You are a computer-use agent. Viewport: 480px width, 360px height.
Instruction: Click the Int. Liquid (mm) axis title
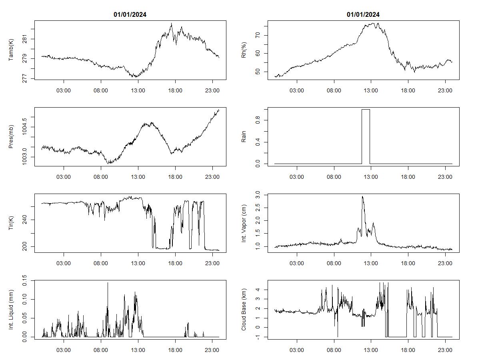[12, 310]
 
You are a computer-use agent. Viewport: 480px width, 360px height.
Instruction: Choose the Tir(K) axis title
[12, 223]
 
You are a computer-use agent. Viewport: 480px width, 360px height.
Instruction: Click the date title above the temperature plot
[130, 15]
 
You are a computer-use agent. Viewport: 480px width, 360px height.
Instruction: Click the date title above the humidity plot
[363, 15]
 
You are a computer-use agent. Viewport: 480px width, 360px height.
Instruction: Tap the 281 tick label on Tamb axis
[25, 39]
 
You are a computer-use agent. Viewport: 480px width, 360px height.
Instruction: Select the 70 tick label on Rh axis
[258, 35]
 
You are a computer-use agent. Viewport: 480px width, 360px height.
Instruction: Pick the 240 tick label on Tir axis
[25, 220]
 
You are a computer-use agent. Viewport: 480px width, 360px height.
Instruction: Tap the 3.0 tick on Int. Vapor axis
[258, 194]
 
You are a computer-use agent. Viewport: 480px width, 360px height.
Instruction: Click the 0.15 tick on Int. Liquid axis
[25, 281]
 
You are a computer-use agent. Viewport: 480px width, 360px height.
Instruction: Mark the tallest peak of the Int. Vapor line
[363, 196]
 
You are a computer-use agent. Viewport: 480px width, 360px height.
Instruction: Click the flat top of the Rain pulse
[366, 109]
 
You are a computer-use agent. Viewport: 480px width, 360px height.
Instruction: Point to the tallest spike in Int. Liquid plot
[108, 283]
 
